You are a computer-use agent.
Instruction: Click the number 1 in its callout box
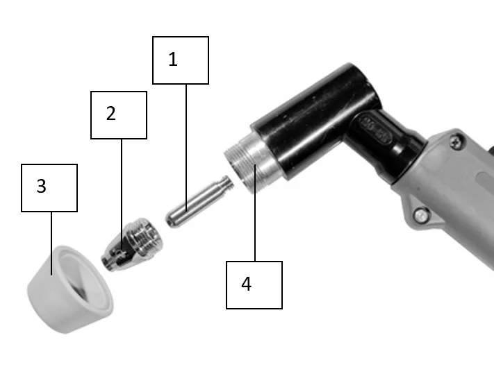(x=173, y=59)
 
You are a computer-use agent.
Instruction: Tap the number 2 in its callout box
(x=111, y=113)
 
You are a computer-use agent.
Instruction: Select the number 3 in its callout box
(x=41, y=186)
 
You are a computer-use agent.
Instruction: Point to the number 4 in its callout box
(x=247, y=284)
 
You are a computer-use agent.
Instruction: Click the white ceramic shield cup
(x=70, y=289)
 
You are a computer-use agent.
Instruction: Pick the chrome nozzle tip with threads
(x=132, y=244)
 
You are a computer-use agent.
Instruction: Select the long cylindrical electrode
(x=199, y=201)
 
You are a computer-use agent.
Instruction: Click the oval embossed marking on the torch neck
(x=376, y=130)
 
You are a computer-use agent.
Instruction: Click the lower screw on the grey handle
(x=421, y=216)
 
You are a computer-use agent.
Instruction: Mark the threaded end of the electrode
(x=227, y=183)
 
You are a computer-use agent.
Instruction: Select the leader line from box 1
(x=186, y=148)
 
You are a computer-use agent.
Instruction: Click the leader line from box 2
(x=122, y=194)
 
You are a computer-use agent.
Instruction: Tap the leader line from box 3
(x=51, y=243)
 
